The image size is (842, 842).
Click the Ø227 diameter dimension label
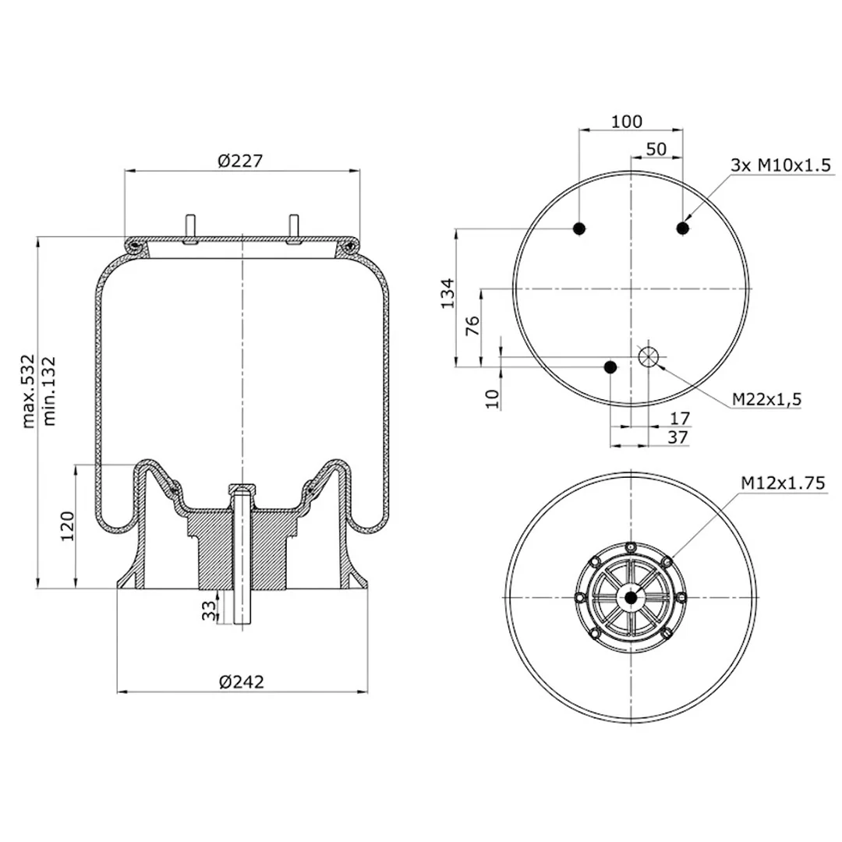240,161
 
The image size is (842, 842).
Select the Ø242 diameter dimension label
242,682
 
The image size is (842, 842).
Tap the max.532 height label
28,391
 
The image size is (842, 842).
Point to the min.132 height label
49,391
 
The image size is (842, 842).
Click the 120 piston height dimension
67,526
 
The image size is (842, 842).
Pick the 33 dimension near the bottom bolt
209,610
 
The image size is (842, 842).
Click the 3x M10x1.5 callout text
780,165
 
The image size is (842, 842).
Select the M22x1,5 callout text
767,399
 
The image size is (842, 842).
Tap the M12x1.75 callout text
783,483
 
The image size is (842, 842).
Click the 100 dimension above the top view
627,122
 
